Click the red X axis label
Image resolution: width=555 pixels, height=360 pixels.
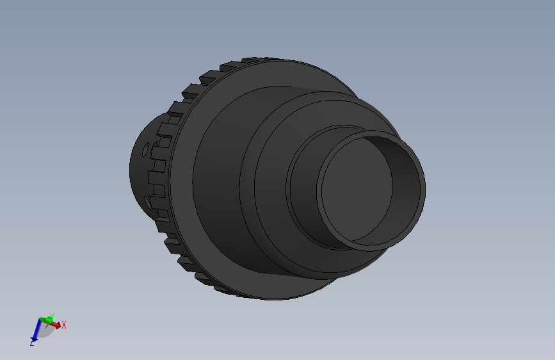(x=64, y=325)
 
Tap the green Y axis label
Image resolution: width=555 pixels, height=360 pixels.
(x=52, y=315)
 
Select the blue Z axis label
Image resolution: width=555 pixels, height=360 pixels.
(x=32, y=343)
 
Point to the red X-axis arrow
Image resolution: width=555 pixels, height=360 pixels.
(x=56, y=325)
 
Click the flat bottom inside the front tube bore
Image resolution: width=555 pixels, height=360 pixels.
(x=355, y=186)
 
